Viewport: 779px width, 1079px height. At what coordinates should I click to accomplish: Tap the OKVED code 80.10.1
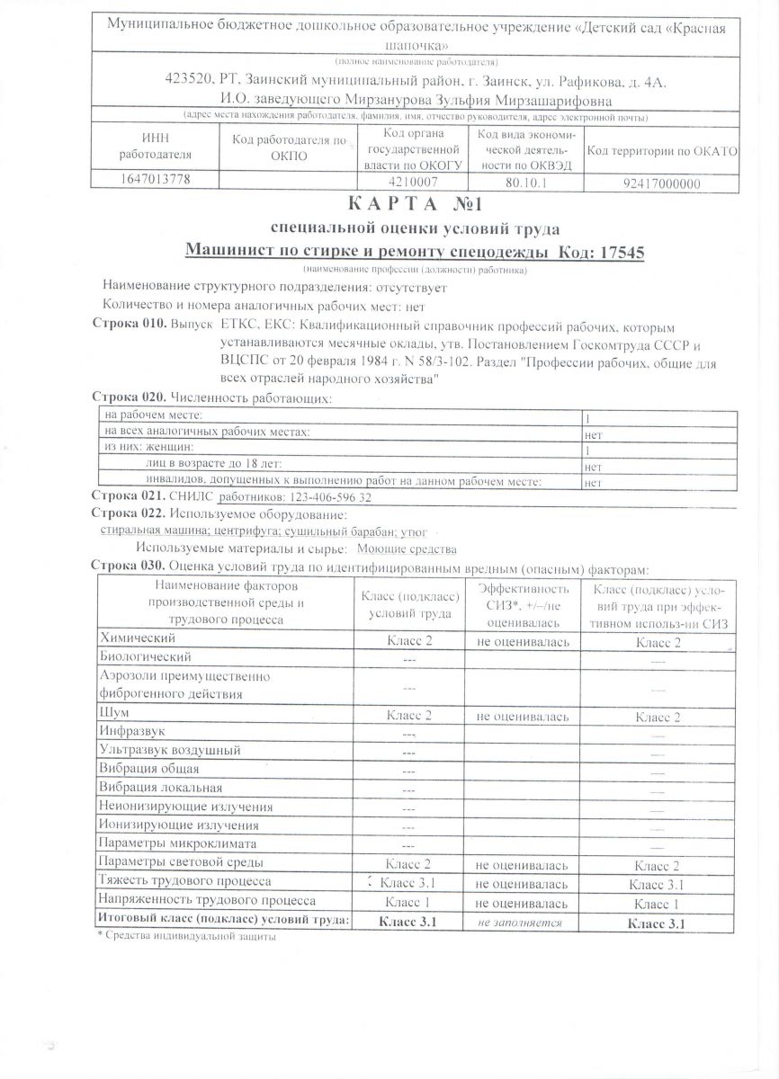[524, 183]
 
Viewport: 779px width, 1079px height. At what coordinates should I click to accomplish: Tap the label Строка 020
[130, 397]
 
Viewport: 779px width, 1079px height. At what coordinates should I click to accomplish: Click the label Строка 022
[130, 513]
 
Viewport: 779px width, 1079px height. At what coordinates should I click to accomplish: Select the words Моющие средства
[395, 548]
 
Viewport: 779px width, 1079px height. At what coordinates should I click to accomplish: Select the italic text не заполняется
[520, 923]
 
